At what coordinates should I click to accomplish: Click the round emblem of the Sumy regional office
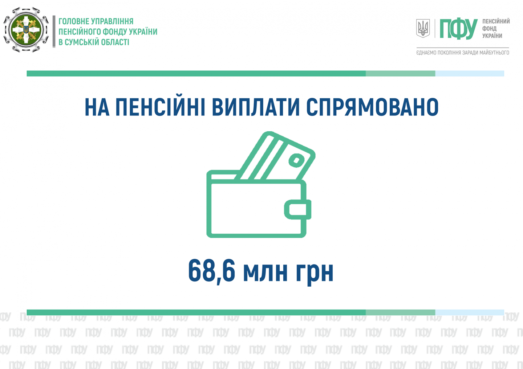[26, 30]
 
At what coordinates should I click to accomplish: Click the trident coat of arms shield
[423, 28]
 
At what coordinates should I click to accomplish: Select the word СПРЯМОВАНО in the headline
[372, 107]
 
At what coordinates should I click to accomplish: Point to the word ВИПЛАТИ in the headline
[256, 107]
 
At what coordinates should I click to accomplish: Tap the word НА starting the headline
[97, 107]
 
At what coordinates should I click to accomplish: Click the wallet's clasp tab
[298, 209]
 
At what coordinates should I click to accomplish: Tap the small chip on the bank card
[296, 160]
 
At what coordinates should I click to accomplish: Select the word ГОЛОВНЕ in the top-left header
[72, 21]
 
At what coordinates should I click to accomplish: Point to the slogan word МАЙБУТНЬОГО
[494, 53]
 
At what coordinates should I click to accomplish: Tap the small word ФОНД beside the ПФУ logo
[490, 28]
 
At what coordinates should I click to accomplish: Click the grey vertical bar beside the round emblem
[54, 32]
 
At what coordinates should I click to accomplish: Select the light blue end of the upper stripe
[470, 73]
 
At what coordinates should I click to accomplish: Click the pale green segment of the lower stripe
[400, 312]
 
